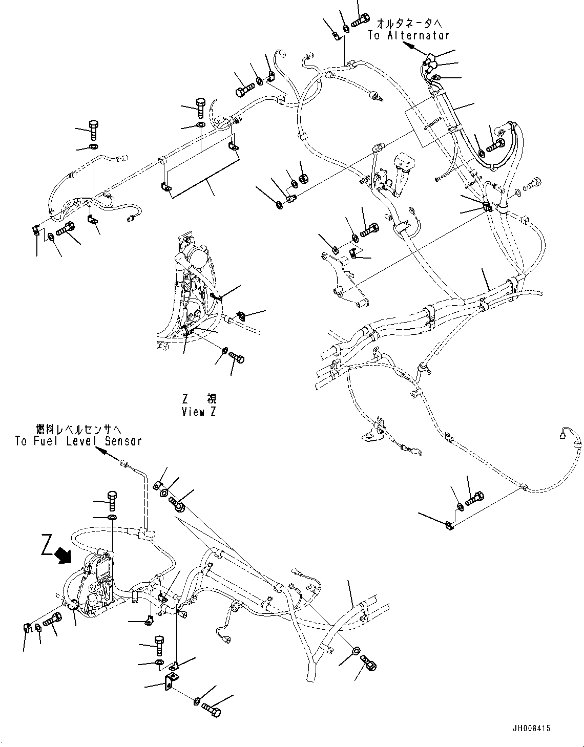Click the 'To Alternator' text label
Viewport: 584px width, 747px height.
click(x=408, y=35)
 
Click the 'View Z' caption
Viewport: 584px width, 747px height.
click(x=199, y=412)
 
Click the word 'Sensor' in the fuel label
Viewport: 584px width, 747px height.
click(x=123, y=441)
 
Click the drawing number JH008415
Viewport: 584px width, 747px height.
click(x=531, y=729)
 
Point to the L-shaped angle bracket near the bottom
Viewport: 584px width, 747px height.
click(x=170, y=682)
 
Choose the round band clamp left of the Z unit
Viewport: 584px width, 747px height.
click(x=72, y=606)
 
